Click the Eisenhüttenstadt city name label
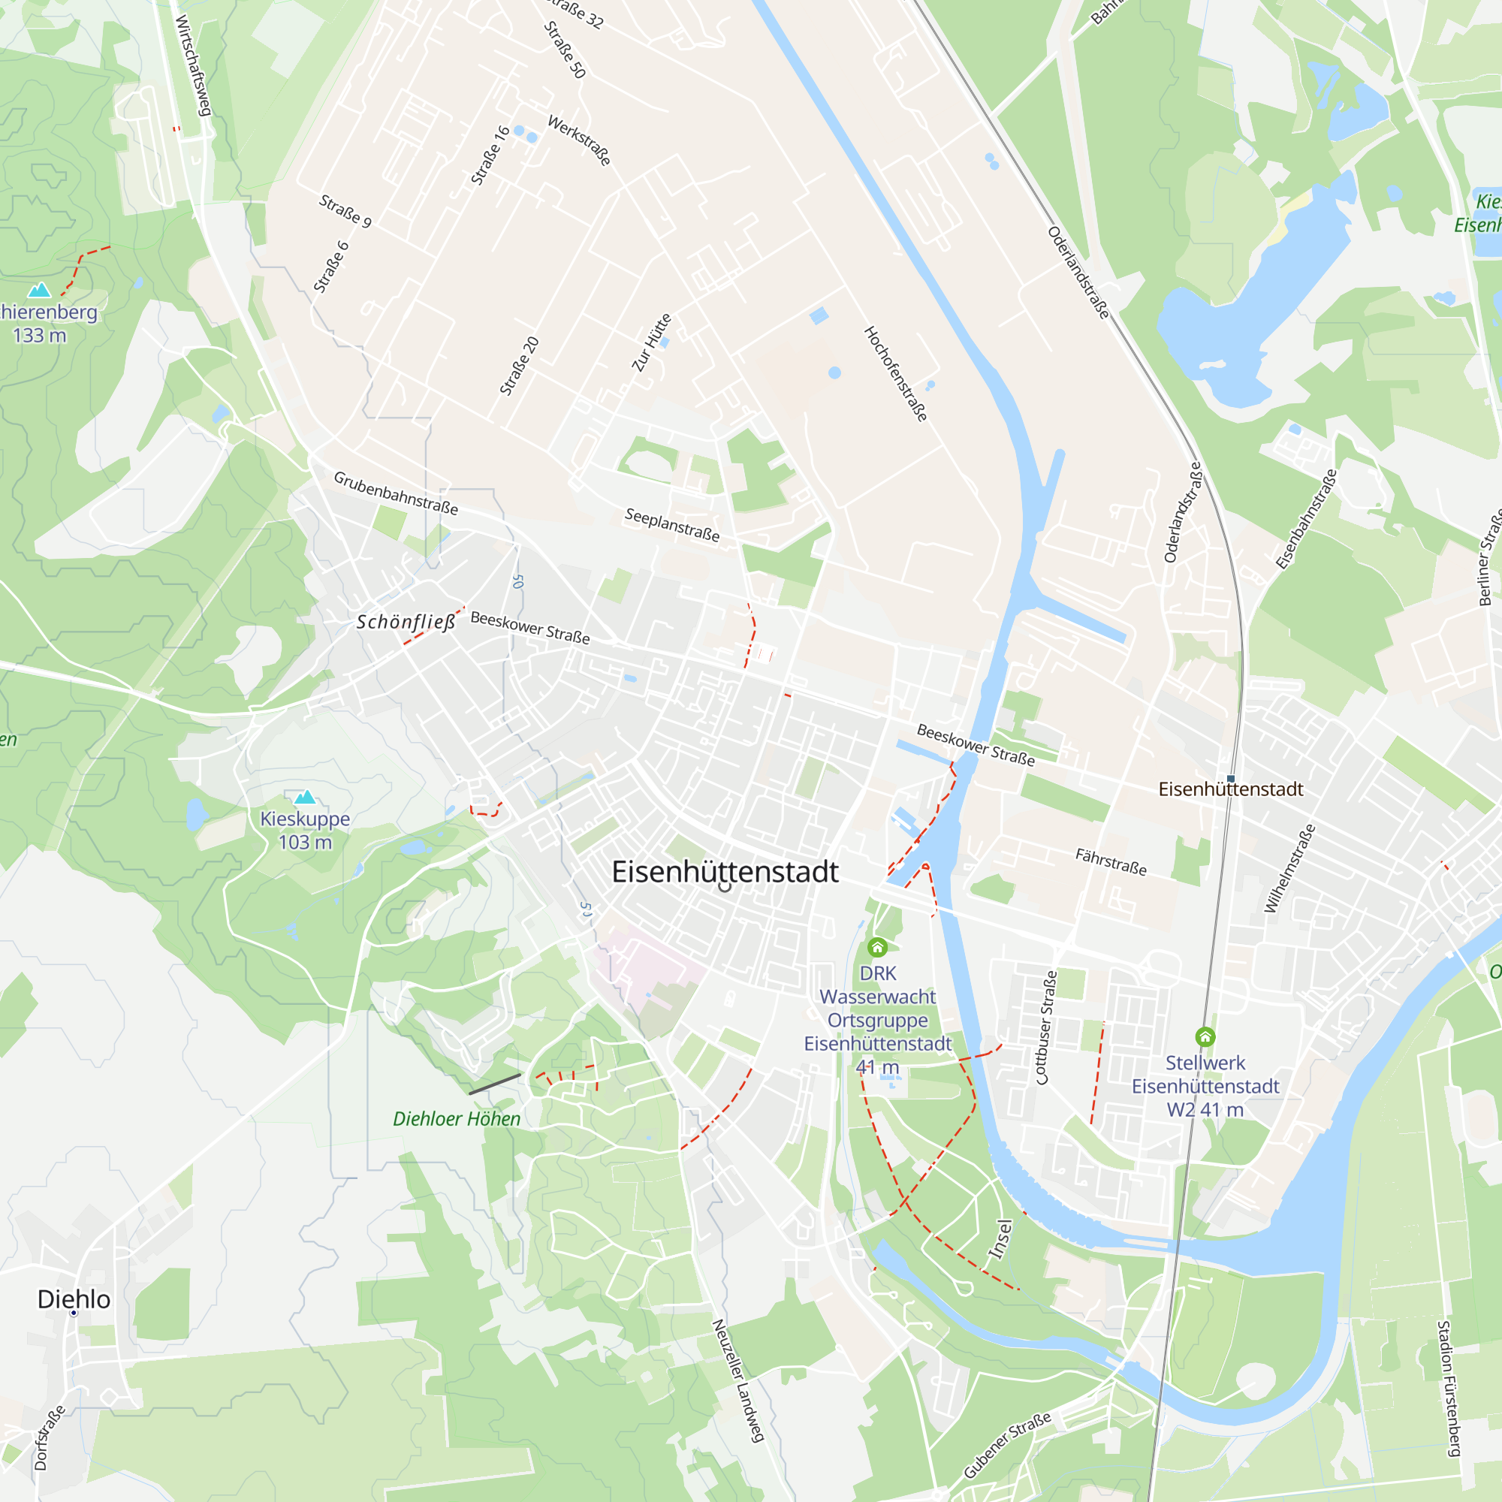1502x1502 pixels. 725,871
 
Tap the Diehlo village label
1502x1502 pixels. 74,1299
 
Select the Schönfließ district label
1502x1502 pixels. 406,622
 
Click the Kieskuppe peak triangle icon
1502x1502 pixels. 305,797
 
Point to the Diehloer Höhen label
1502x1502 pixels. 457,1119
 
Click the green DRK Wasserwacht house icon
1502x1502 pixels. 877,947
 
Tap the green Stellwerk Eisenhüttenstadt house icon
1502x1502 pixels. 1205,1036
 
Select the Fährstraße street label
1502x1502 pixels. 1111,861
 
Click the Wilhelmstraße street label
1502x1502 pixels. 1289,868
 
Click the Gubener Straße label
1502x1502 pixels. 1007,1444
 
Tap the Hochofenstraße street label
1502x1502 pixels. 896,374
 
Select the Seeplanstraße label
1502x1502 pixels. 672,525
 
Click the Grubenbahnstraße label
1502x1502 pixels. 396,493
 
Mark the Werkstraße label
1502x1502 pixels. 579,140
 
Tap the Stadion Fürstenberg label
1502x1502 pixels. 1449,1389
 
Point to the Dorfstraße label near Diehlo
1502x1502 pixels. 49,1438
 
